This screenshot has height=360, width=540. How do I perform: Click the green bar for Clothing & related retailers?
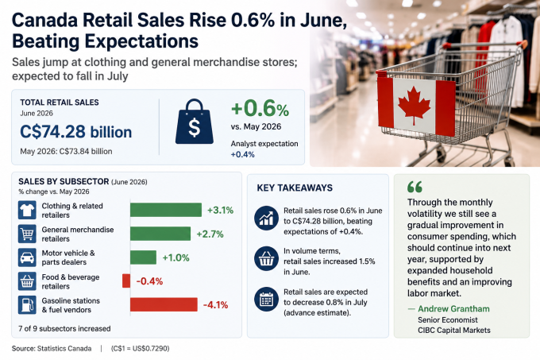click(x=166, y=210)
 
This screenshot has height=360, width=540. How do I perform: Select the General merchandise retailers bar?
click(x=160, y=234)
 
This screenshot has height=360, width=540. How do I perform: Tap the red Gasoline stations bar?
click(x=164, y=304)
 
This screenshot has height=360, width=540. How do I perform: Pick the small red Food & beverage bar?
click(x=126, y=281)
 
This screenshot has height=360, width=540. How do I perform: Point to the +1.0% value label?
click(x=175, y=257)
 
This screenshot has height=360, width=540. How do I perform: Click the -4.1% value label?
click(x=215, y=305)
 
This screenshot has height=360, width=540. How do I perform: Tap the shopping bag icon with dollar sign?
click(x=195, y=122)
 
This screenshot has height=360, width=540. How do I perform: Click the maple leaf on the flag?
click(x=414, y=105)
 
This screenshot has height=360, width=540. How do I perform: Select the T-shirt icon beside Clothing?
click(x=27, y=210)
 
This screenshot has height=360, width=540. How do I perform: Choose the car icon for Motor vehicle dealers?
click(x=27, y=257)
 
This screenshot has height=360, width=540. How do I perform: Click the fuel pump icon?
click(x=27, y=305)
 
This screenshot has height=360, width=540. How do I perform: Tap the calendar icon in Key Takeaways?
click(x=266, y=299)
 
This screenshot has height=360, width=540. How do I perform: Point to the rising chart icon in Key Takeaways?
click(x=266, y=218)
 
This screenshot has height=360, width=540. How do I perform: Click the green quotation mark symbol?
click(x=415, y=187)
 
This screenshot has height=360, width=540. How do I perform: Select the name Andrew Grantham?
click(x=453, y=308)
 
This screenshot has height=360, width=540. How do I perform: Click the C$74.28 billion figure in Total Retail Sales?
click(x=75, y=132)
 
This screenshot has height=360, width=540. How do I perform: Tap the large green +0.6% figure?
click(x=260, y=108)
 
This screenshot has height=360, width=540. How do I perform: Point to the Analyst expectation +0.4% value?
click(x=242, y=154)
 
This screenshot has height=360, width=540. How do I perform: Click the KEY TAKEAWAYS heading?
click(x=295, y=188)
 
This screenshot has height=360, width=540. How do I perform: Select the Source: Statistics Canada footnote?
click(x=52, y=349)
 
